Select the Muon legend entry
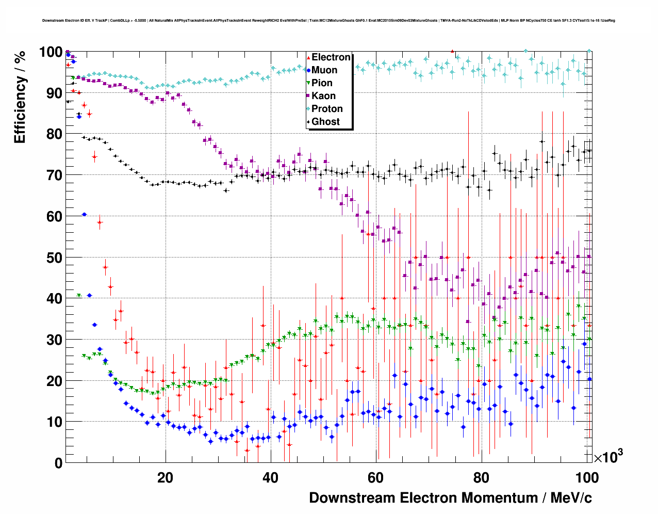324,70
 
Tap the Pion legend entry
322,83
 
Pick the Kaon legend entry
323,96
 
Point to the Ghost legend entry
325,122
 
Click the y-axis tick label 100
51,52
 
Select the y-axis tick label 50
54,258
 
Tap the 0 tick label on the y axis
58,463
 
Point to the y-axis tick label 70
54,175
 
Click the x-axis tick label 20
165,478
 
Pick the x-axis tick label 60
375,478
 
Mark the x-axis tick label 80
481,478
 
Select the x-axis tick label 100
586,478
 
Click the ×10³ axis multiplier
608,457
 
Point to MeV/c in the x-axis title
571,498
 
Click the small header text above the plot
328,21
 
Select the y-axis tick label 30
54,340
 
